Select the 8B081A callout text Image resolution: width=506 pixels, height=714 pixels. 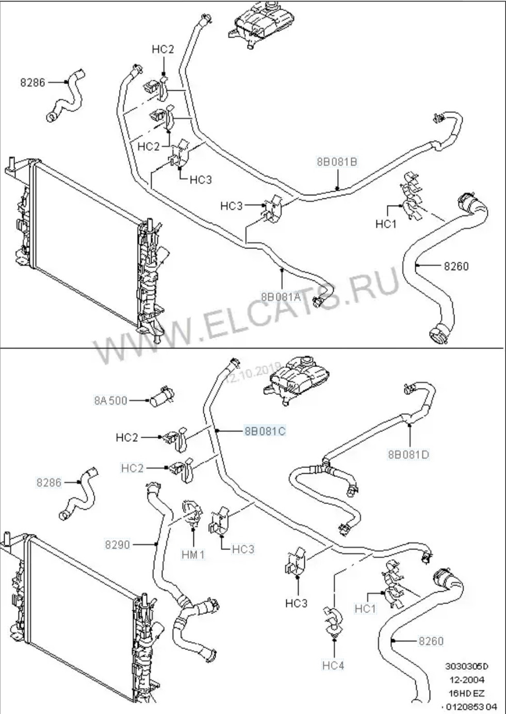tap(280, 297)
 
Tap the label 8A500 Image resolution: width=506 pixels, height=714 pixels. tap(110, 400)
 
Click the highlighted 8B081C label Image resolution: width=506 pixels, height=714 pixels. tap(265, 430)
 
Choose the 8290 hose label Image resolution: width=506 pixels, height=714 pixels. tap(118, 544)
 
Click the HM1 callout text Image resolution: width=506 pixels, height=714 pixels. tap(193, 555)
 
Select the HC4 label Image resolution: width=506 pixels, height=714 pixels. tap(333, 666)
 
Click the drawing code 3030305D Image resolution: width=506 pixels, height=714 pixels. tap(467, 665)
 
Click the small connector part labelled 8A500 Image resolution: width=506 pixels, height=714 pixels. tap(161, 396)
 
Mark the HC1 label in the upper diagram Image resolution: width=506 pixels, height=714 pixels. tap(385, 224)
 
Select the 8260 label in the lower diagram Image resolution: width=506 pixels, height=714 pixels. tap(431, 641)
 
